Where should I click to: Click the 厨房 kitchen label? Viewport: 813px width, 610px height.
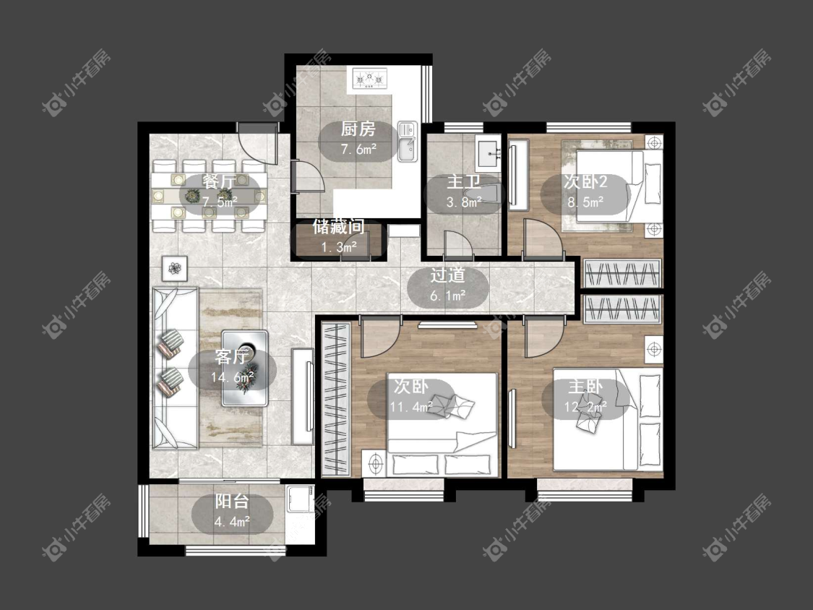[x=358, y=129]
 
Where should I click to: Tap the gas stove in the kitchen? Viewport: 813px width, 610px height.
[x=370, y=79]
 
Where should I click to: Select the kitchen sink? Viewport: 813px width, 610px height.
[x=408, y=141]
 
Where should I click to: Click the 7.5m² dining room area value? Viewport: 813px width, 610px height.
[x=220, y=202]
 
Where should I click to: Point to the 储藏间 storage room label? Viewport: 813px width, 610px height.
[x=338, y=227]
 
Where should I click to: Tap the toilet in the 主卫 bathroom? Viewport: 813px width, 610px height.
[x=491, y=194]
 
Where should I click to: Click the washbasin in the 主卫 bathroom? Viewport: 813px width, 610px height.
[x=488, y=152]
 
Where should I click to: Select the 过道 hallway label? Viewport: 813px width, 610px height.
[x=447, y=275]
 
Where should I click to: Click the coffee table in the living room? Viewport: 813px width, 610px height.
[x=245, y=368]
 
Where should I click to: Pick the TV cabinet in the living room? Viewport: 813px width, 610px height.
[x=303, y=396]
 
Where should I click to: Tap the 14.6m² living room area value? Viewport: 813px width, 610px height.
[x=232, y=377]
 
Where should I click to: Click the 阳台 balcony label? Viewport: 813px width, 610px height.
[x=232, y=502]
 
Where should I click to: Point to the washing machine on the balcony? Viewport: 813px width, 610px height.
[x=300, y=499]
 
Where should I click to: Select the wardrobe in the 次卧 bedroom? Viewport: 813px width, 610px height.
[x=335, y=398]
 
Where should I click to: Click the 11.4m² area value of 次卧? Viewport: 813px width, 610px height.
[x=411, y=407]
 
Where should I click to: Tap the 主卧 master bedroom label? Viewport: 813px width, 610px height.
[x=585, y=387]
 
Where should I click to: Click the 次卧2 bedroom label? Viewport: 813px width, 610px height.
[x=585, y=182]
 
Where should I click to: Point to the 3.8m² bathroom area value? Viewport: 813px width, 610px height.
[x=464, y=202]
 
